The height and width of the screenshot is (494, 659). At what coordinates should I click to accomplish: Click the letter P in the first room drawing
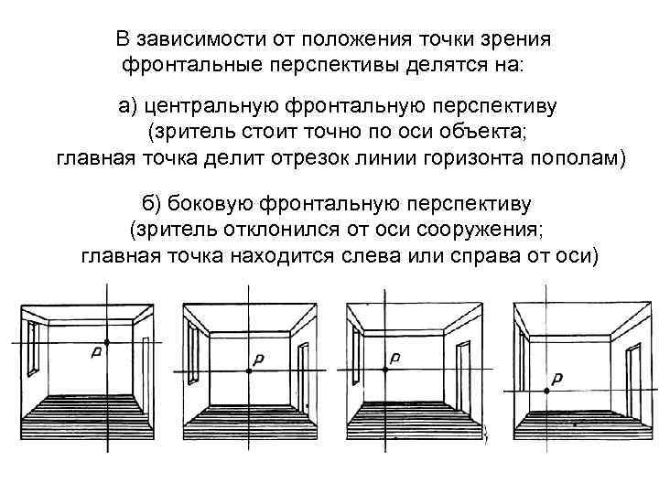click(95, 351)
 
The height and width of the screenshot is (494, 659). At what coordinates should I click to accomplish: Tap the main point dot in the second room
click(250, 371)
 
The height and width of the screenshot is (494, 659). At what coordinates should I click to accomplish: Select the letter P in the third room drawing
click(394, 359)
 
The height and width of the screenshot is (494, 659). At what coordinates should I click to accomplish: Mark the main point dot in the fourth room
click(546, 391)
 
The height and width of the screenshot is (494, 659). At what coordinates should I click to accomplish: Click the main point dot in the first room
click(107, 342)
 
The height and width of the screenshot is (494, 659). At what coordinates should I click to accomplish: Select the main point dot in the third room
click(384, 368)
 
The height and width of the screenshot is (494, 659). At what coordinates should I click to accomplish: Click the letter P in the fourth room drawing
click(557, 378)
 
